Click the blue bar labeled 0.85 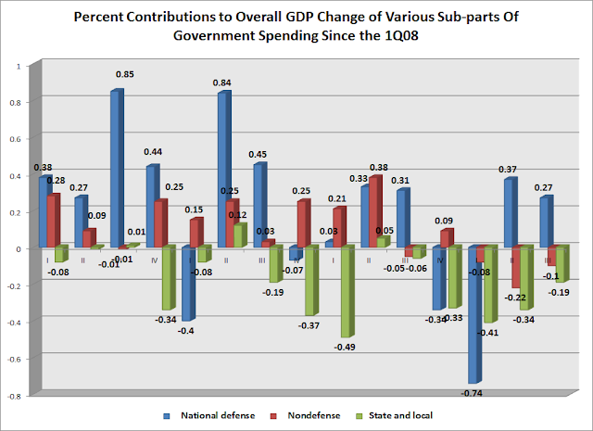pos(116,169)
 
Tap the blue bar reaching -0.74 pos(474,314)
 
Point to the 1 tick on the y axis pos(26,67)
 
